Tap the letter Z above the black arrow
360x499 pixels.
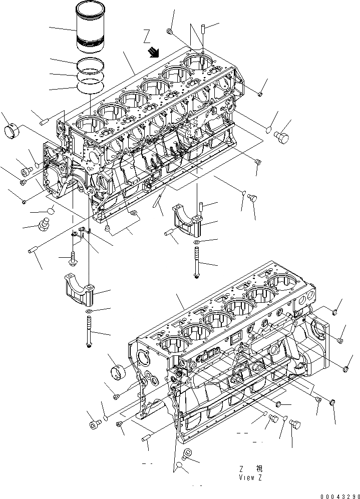click(147, 36)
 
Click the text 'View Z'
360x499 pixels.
click(250, 477)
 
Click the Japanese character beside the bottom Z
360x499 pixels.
click(259, 469)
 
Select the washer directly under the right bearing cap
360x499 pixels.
click(196, 242)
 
